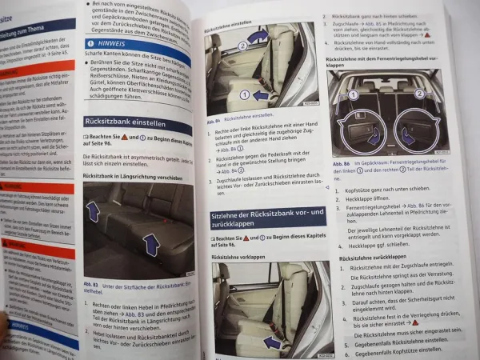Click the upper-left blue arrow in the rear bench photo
coord(94,210)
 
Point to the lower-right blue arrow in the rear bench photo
coord(150,244)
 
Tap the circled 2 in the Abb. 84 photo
coord(242,46)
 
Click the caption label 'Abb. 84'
coord(214,117)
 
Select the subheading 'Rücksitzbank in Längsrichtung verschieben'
coord(130,176)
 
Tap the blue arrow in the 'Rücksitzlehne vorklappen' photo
coord(272,342)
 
